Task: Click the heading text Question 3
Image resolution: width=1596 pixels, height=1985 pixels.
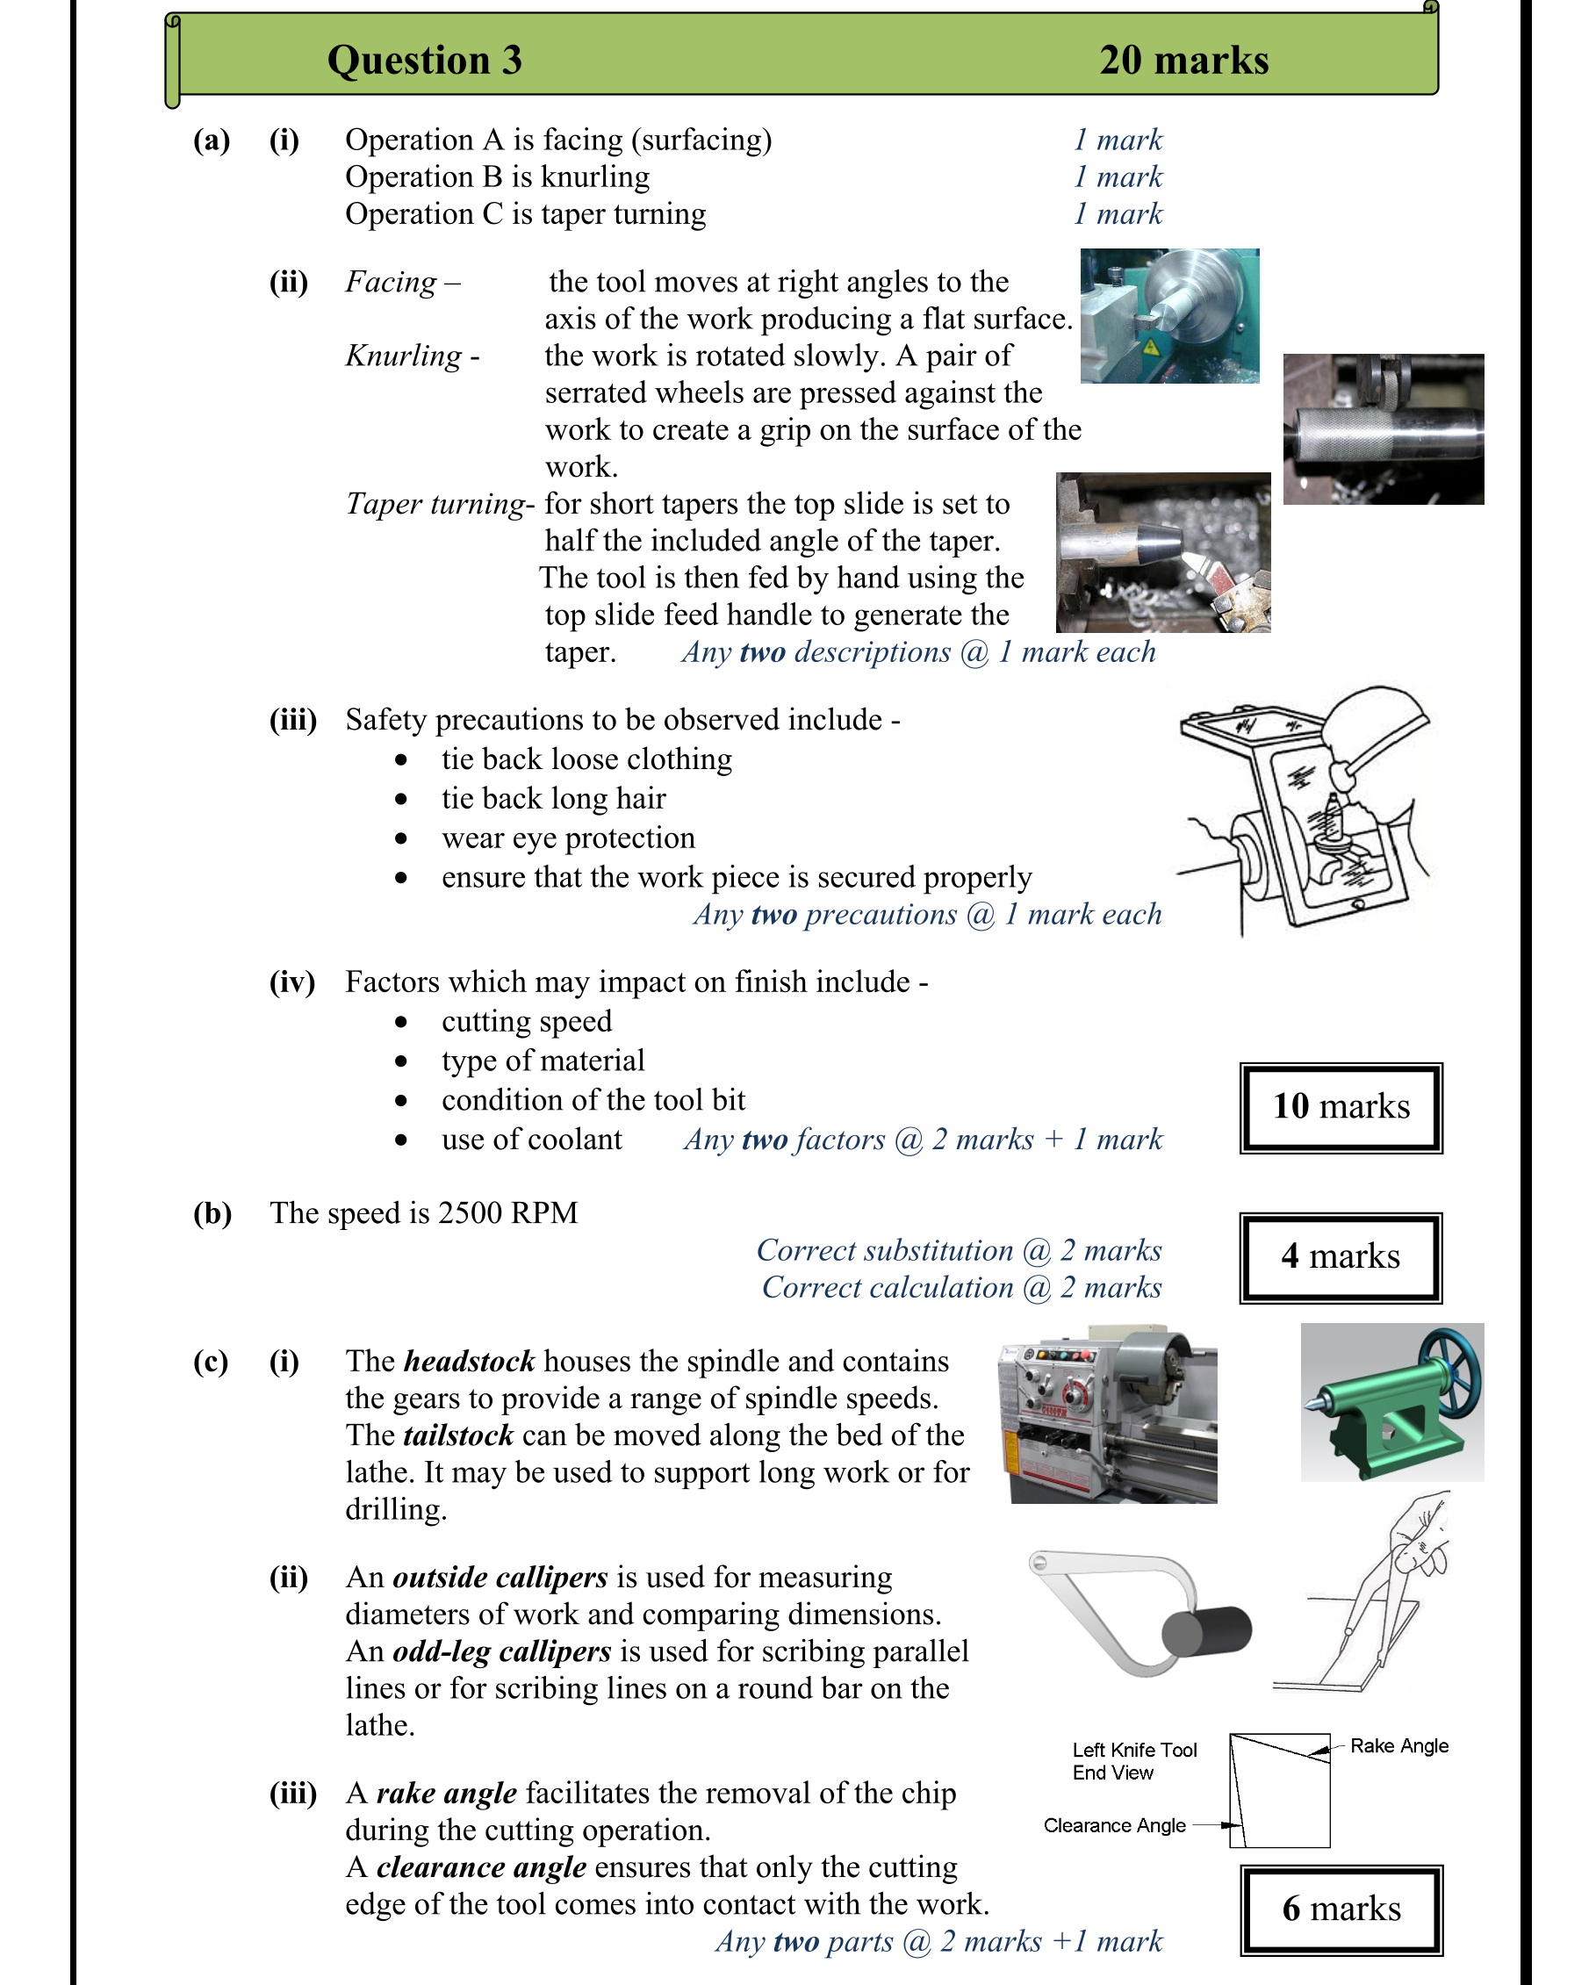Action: click(x=424, y=61)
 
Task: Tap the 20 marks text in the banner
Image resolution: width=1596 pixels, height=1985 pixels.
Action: click(x=1183, y=61)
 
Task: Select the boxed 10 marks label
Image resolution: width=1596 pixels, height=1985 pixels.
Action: click(x=1341, y=1108)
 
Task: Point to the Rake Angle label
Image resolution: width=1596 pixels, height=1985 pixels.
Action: click(x=1399, y=1746)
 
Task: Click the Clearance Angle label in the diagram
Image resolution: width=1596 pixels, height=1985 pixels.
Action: click(x=1114, y=1826)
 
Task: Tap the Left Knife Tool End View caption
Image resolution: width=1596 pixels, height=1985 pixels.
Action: click(x=1134, y=1761)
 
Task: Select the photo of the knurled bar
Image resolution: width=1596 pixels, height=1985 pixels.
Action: click(x=1383, y=430)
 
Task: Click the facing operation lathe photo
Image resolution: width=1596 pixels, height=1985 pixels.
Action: click(x=1169, y=316)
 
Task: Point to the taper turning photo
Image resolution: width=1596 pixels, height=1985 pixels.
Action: click(x=1162, y=552)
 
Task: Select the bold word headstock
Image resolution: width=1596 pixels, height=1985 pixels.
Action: click(x=470, y=1362)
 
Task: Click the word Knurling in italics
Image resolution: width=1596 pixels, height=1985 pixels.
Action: click(x=404, y=356)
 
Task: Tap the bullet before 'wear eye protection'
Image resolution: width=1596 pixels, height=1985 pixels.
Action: click(x=401, y=838)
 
